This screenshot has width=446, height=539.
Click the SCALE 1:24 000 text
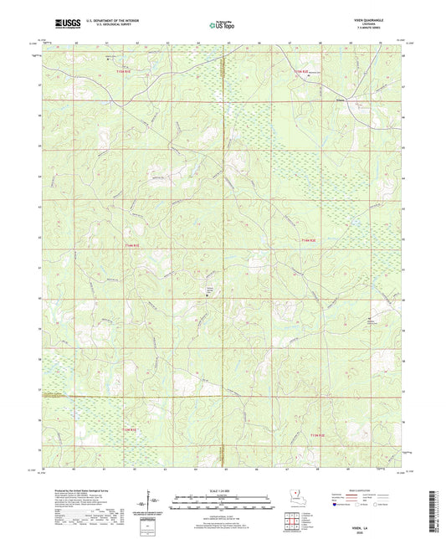(222, 491)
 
